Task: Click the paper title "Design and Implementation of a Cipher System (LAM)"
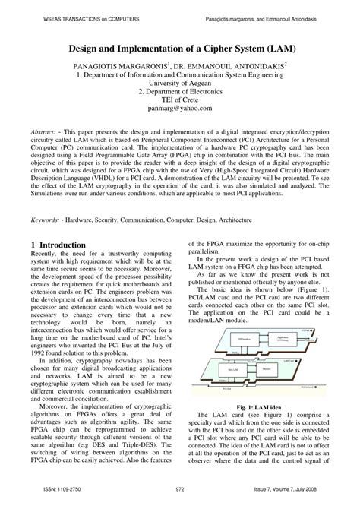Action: pyautogui.click(x=180, y=48)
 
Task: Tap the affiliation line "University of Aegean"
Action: pyautogui.click(x=180, y=88)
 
